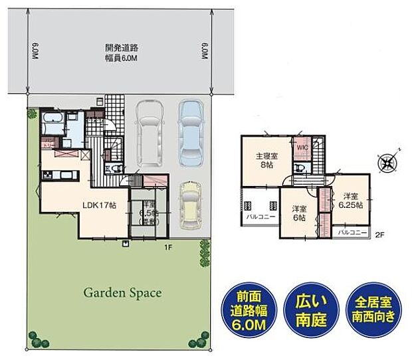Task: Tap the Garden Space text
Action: pos(122,292)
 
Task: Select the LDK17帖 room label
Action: pos(99,205)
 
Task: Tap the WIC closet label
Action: pos(302,147)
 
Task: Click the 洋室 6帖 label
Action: pos(298,212)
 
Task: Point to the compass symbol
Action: pos(387,160)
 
